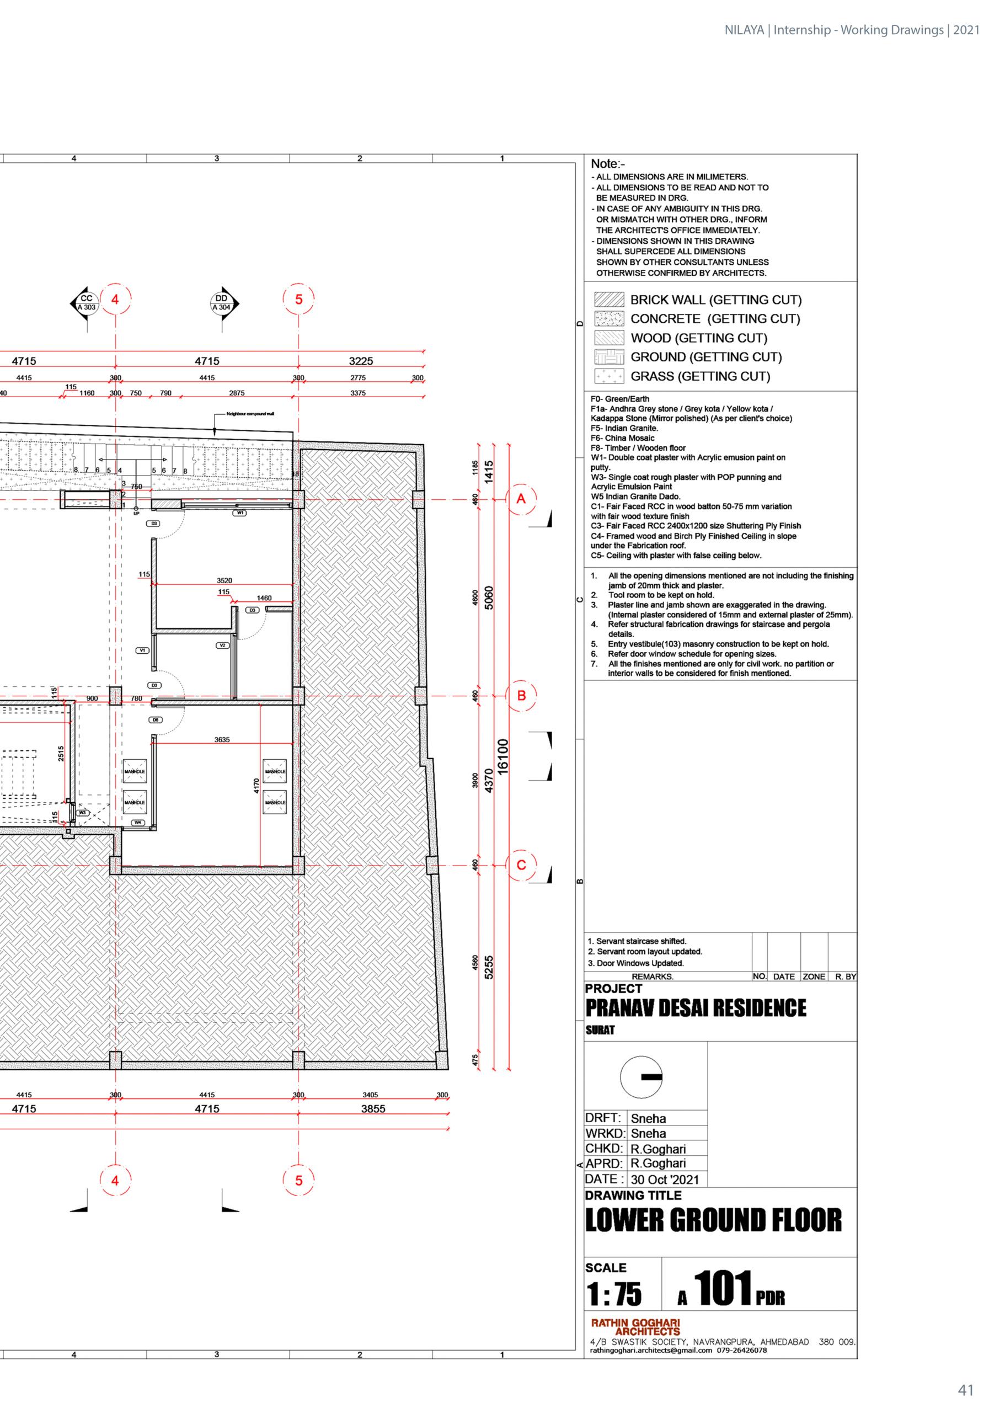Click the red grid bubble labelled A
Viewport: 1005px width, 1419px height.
coord(521,499)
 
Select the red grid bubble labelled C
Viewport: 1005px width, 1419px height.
coord(521,865)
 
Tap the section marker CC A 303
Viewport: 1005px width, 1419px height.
coord(86,302)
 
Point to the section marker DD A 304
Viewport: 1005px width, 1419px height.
coord(222,302)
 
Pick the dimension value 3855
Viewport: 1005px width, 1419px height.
coord(373,1108)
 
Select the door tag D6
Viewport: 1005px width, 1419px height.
coord(156,720)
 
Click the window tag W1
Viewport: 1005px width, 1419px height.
coord(240,513)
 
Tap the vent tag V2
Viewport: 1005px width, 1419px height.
coord(223,646)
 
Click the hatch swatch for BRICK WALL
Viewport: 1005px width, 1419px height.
coord(609,300)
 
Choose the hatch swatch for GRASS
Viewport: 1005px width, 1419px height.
coord(609,376)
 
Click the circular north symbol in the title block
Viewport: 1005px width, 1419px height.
coord(641,1077)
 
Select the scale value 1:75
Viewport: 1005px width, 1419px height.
coord(614,1294)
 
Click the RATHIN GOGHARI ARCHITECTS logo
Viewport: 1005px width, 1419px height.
coord(635,1327)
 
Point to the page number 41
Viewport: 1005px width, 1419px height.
coord(965,1390)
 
